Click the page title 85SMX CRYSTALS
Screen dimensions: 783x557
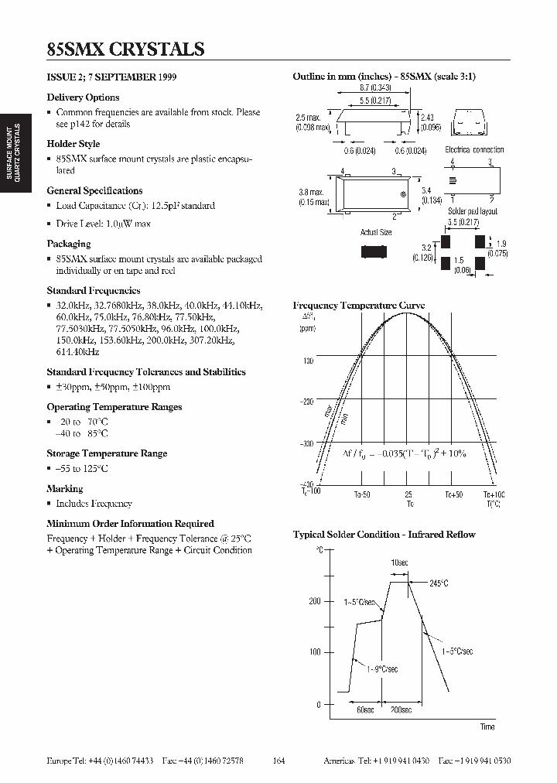click(125, 49)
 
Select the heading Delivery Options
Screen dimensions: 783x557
click(83, 97)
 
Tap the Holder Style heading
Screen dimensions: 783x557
click(73, 144)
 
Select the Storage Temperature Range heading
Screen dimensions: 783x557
click(107, 453)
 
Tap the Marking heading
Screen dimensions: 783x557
click(64, 489)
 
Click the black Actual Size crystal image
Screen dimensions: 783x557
click(376, 251)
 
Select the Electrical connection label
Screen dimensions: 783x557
click(474, 150)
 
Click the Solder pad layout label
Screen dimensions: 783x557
click(473, 211)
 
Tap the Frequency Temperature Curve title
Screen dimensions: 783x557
click(358, 306)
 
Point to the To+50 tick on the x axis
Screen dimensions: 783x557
click(453, 494)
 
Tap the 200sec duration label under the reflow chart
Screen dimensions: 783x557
click(401, 709)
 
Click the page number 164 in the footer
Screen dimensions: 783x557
click(279, 761)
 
